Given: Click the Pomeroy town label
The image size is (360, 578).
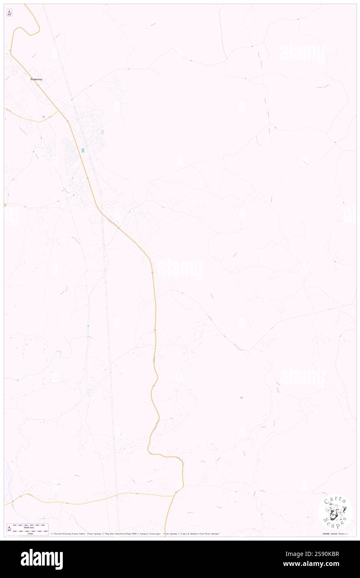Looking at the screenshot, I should (x=36, y=79).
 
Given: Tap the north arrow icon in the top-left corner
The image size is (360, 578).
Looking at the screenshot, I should (x=9, y=13).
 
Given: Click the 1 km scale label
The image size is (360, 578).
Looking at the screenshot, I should (x=30, y=533).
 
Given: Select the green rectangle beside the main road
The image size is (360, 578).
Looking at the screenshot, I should (x=83, y=150).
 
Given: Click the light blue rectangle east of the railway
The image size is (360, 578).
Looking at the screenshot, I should (x=102, y=132).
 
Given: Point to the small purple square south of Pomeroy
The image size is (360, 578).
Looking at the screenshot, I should (x=43, y=116).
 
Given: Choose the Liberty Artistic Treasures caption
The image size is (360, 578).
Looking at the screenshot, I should (x=335, y=534).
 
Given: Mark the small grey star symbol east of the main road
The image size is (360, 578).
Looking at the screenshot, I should (x=242, y=398).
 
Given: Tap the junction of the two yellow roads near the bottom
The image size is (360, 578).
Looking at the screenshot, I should (x=175, y=494).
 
